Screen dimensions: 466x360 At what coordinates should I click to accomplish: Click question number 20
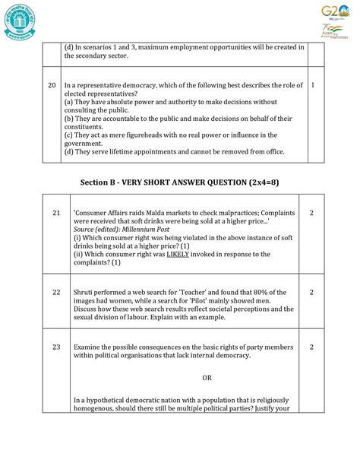52,85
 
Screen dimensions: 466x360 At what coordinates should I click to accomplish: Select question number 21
56,214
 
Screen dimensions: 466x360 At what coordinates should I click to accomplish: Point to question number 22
56,293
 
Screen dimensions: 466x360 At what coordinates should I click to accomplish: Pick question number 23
56,347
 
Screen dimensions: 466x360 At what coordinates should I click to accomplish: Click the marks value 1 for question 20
313,85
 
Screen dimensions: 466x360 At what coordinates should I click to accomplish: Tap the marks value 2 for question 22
311,293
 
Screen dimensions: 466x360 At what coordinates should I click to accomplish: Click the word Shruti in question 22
87,293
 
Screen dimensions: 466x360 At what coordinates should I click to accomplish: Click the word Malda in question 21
163,214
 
